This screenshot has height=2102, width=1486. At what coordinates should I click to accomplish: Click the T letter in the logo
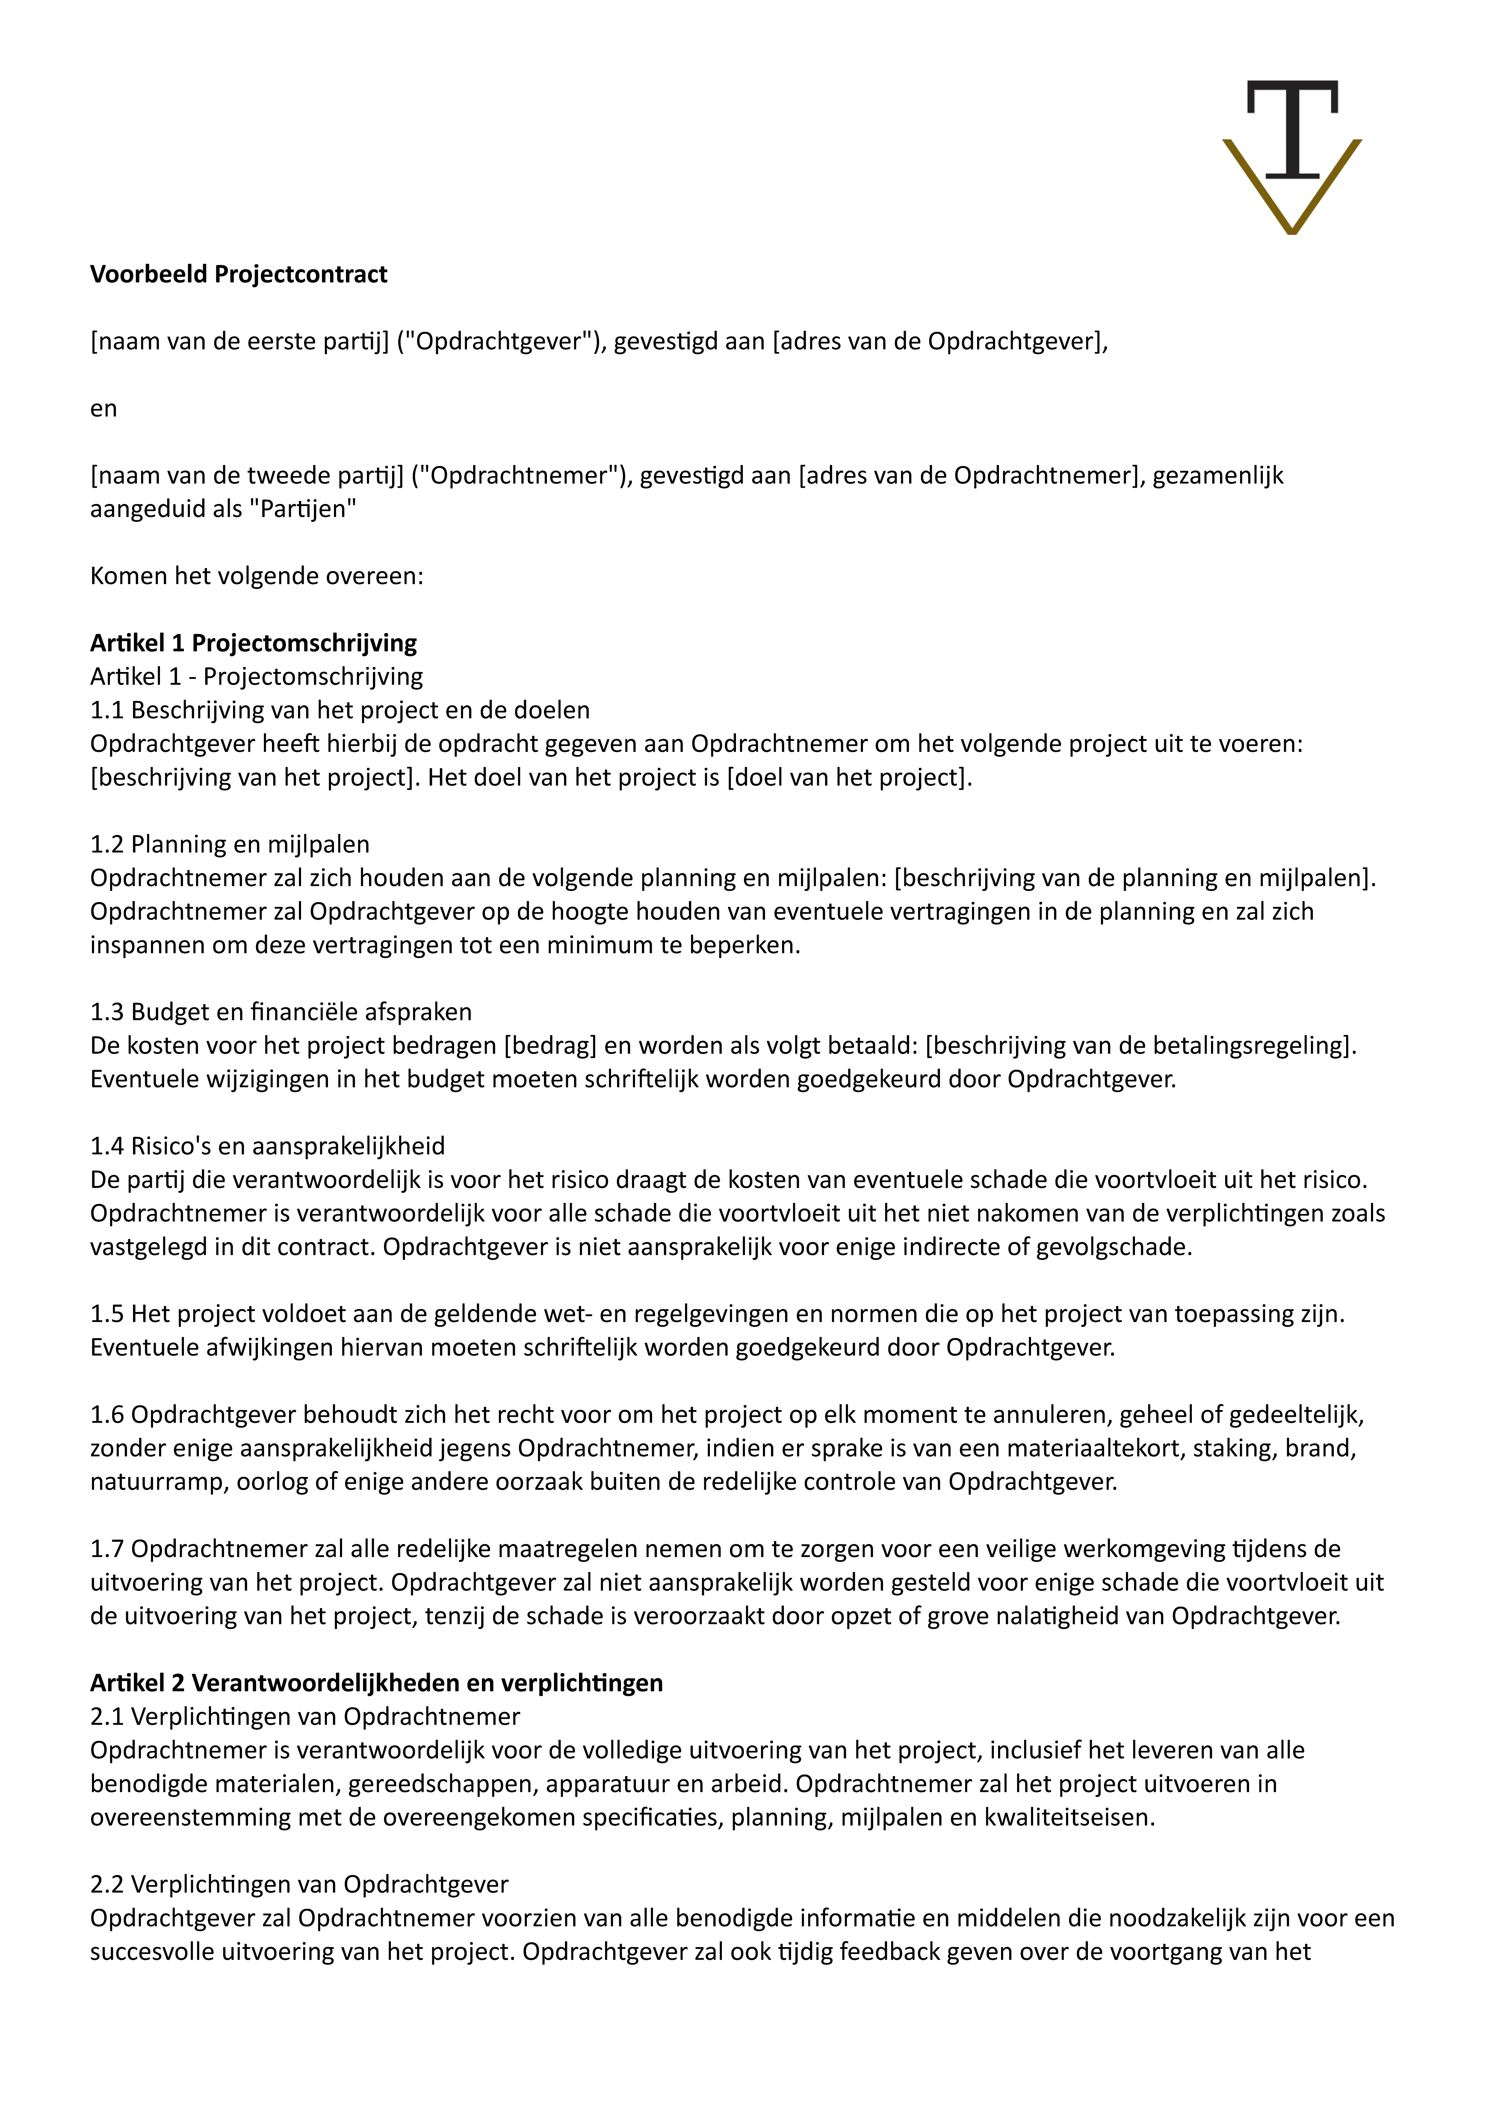(x=1292, y=128)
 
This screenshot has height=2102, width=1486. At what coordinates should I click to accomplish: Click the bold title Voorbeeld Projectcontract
(x=238, y=275)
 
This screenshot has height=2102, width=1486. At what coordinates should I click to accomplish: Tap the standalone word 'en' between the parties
(x=103, y=409)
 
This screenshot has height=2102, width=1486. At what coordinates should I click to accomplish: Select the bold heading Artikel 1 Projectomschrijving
(x=253, y=644)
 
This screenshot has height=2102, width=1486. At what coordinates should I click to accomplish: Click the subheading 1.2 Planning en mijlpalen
(x=230, y=844)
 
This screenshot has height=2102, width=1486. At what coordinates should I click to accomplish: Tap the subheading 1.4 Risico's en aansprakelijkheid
(x=267, y=1146)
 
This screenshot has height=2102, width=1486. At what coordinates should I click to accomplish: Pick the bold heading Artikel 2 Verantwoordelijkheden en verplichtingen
(x=376, y=1683)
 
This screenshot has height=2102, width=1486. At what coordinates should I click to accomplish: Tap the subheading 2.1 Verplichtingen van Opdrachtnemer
(x=305, y=1717)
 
